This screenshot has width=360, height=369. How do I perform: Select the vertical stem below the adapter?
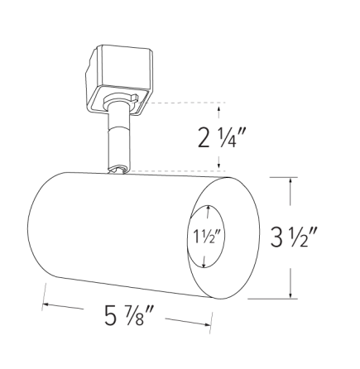pos(118,141)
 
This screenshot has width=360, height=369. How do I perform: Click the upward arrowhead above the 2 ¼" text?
pos(218,108)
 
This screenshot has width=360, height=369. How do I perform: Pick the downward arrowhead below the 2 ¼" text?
pos(218,166)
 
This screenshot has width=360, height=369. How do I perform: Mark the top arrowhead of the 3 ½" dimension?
pos(290,180)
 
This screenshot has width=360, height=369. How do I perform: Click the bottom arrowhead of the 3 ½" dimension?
pos(290,295)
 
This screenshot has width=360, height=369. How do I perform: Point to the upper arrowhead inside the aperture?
pos(207,209)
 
